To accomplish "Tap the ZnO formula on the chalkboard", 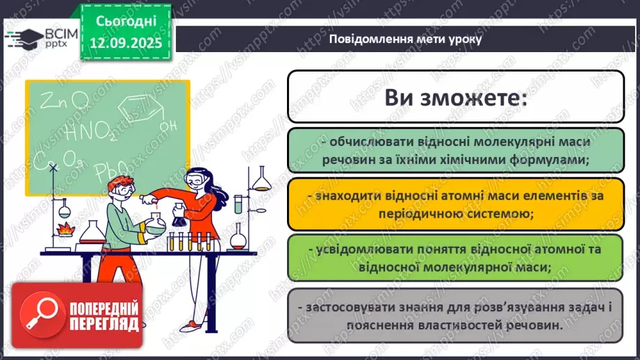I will click(63, 102).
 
